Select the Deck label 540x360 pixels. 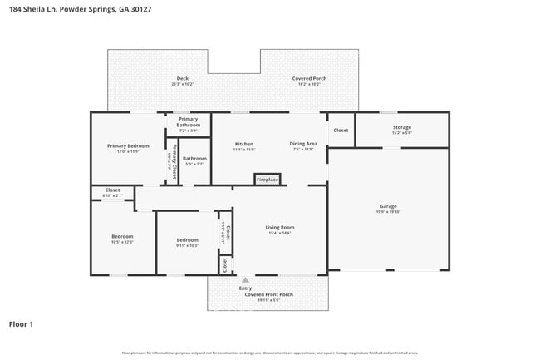(182, 79)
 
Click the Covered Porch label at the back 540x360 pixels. (308, 79)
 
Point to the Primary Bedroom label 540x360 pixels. (127, 146)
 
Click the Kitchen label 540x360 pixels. (243, 144)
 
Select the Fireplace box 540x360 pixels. (268, 180)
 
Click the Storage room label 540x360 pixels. (401, 128)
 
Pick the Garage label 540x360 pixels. (388, 206)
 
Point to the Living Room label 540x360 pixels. (280, 228)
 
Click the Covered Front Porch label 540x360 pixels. (268, 294)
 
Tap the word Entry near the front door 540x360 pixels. (245, 288)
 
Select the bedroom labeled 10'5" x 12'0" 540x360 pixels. (122, 237)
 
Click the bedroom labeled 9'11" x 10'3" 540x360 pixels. (187, 241)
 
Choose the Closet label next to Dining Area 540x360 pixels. (341, 131)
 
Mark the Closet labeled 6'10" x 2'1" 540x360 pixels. (112, 190)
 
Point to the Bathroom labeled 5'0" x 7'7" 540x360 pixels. (195, 159)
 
